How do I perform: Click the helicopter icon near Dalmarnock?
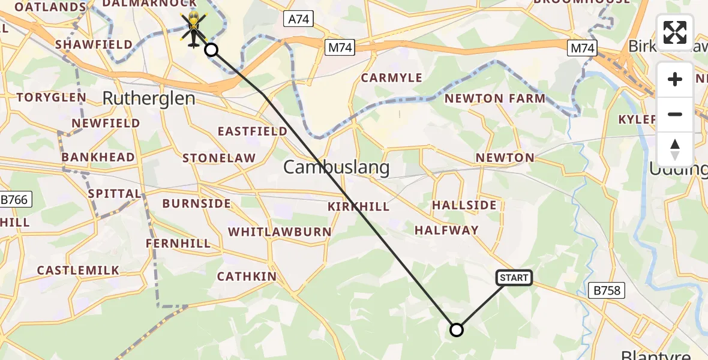(x=194, y=28)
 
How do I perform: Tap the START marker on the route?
(x=514, y=277)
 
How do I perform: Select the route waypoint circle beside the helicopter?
(x=211, y=50)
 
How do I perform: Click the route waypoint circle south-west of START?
(x=457, y=329)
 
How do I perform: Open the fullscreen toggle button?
(x=675, y=32)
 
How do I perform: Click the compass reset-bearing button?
(x=675, y=149)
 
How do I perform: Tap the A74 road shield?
(x=298, y=19)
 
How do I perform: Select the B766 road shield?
(x=14, y=200)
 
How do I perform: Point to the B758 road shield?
(x=606, y=291)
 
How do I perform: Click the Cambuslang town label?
(x=336, y=167)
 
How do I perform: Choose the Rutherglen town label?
(x=149, y=98)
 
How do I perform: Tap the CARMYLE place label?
(x=392, y=78)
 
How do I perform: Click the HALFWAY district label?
(x=446, y=230)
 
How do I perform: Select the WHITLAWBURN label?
(x=280, y=232)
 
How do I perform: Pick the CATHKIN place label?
(x=247, y=277)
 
